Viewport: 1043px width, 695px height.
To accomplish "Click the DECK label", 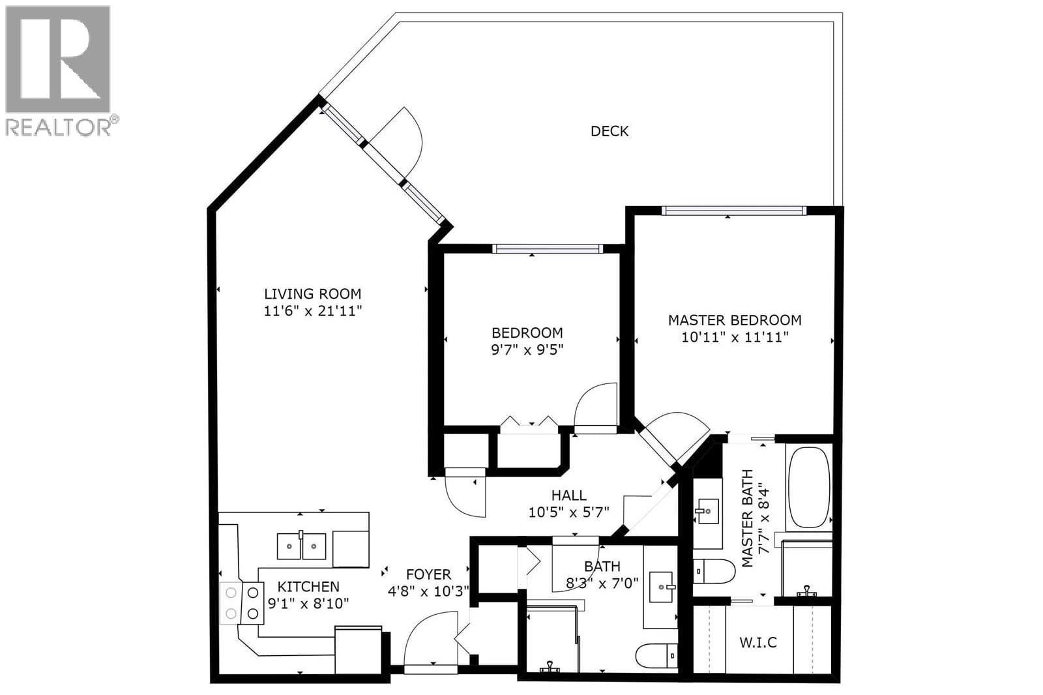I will point(610,131).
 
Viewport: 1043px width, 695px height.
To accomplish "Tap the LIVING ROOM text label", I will point(312,294).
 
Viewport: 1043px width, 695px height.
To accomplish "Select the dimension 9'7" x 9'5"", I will point(527,349).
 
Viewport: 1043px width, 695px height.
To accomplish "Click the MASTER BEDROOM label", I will point(735,320).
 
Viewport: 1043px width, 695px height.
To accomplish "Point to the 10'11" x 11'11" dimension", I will point(735,337).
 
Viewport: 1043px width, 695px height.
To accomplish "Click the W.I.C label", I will point(758,642).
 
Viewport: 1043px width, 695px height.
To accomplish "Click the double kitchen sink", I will point(301,546).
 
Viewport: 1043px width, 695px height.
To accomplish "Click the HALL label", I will point(568,495).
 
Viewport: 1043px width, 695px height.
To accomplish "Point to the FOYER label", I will point(428,574).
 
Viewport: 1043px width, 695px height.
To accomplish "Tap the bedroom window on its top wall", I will point(546,248).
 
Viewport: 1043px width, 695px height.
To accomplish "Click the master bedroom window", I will point(733,211).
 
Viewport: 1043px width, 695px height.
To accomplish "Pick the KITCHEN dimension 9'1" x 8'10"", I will point(308,604).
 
